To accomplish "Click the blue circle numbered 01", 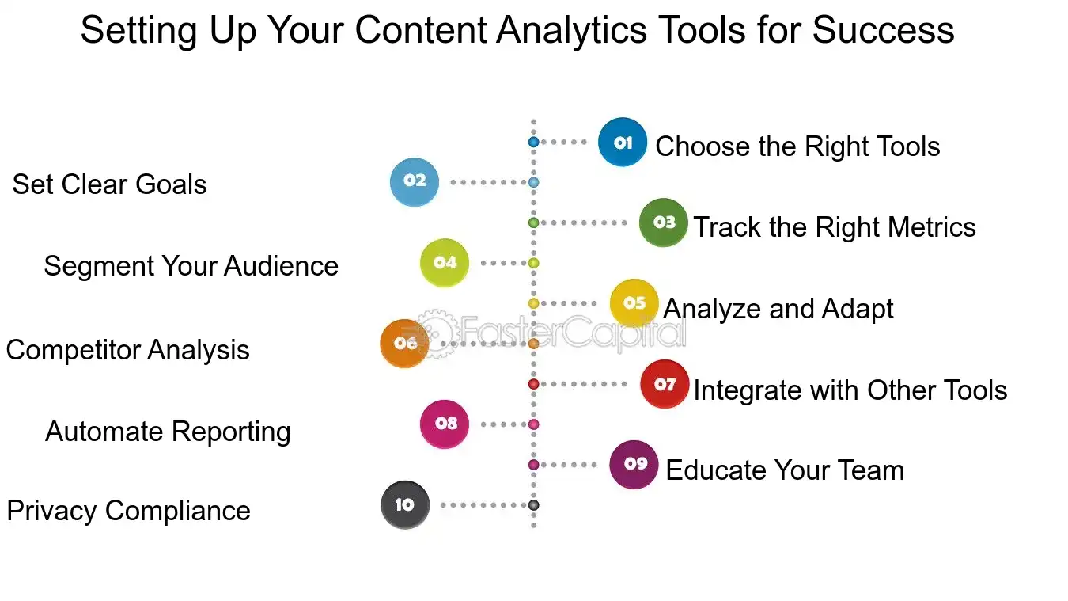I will tap(623, 143).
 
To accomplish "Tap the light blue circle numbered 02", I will tap(415, 182).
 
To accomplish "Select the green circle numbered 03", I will tap(664, 223).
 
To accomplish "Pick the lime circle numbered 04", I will tap(445, 263).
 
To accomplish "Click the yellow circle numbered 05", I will tap(634, 303).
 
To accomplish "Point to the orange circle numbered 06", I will tap(405, 344).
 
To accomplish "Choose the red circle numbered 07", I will tap(665, 384).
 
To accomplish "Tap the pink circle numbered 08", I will tap(445, 424).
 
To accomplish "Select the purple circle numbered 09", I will tap(634, 465).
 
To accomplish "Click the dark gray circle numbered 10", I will tap(405, 505).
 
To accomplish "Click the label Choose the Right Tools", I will tap(797, 146).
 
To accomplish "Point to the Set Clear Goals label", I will tap(109, 184).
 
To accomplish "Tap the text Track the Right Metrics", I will tap(835, 227).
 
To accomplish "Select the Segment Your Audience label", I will tap(191, 266).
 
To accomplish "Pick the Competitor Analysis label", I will tap(127, 350).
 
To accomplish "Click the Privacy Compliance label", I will tap(128, 511).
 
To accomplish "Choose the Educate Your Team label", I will tap(785, 470).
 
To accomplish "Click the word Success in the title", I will tap(883, 30).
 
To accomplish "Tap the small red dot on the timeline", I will tap(533, 384).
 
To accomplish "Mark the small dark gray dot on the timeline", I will tap(533, 505).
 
